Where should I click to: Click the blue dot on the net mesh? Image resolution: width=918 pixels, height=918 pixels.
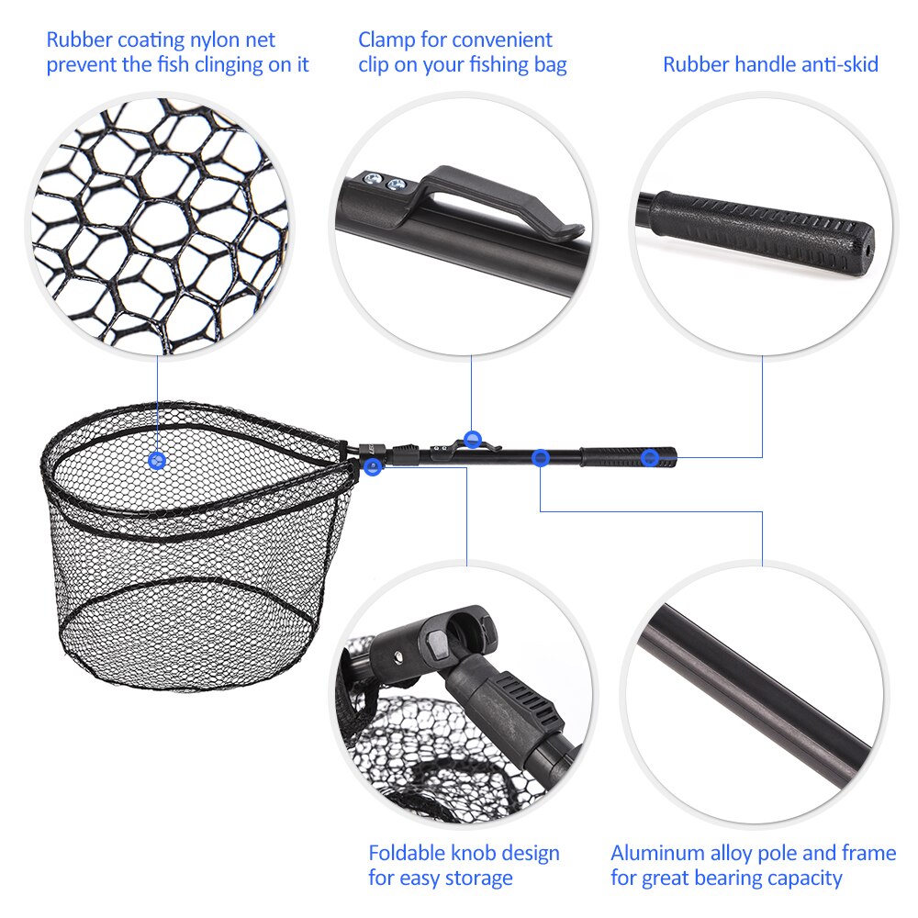157,458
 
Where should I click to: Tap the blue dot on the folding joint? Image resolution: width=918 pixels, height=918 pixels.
372,467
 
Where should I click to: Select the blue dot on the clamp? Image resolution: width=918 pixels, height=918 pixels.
473,440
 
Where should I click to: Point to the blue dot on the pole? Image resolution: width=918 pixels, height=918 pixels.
541,457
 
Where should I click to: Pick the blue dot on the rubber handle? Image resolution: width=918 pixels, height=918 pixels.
650,457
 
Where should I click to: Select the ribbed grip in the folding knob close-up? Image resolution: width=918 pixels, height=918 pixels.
522,707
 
